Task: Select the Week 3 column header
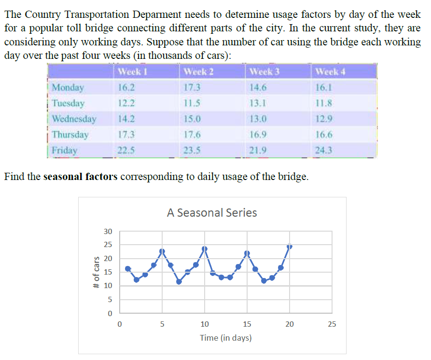[264, 72]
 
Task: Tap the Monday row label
[68, 87]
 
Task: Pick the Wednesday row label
[74, 119]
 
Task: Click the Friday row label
[64, 150]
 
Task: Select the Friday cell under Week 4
[323, 150]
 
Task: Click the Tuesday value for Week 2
[192, 103]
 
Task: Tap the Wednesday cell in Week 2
[192, 119]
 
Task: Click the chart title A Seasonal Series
[212, 213]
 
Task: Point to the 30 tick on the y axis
[108, 232]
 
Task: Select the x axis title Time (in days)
[225, 338]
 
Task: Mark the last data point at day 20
[290, 247]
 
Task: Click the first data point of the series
[128, 269]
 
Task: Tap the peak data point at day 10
[205, 249]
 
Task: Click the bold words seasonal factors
[81, 177]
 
